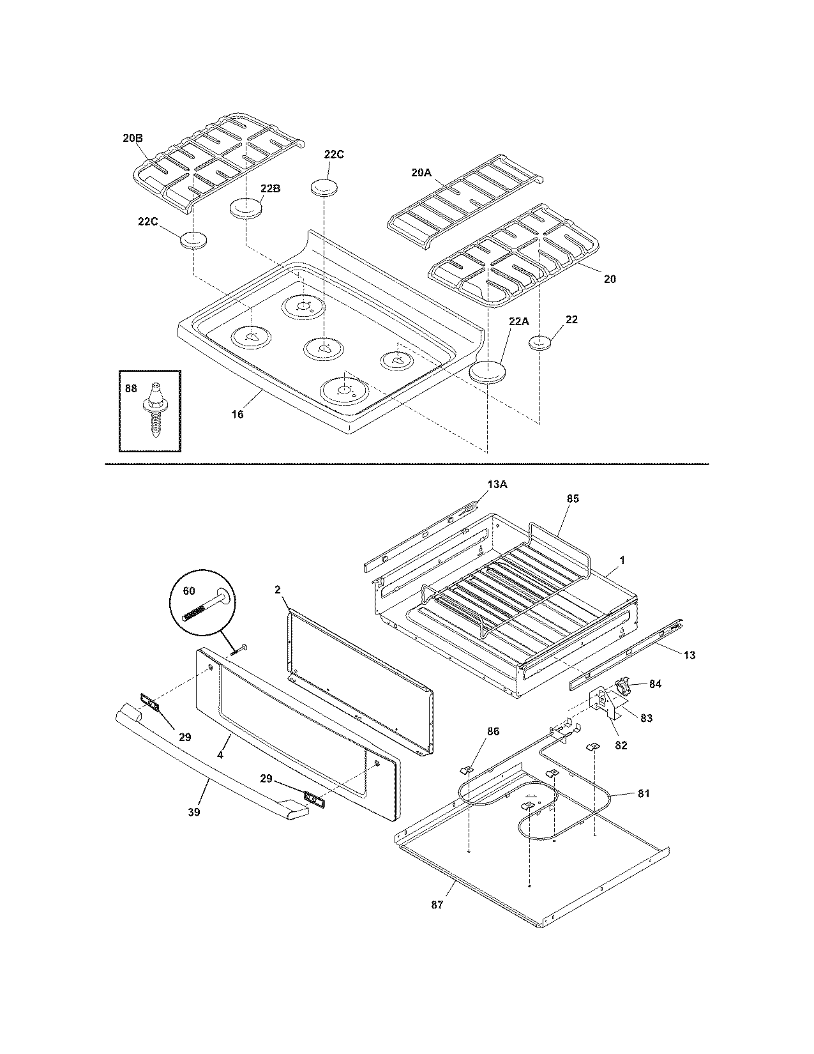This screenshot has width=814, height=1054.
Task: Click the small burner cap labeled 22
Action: (541, 343)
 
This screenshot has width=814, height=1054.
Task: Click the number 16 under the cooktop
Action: (237, 414)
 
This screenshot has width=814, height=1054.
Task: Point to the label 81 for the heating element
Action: (644, 793)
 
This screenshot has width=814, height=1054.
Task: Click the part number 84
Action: (655, 684)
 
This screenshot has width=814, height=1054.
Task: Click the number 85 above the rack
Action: (573, 498)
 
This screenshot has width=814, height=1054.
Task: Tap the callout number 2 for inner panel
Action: (278, 590)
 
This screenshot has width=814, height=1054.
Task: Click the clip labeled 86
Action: (467, 769)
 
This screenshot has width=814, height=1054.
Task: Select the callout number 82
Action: (621, 745)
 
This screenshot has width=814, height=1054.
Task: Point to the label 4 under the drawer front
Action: (220, 754)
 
